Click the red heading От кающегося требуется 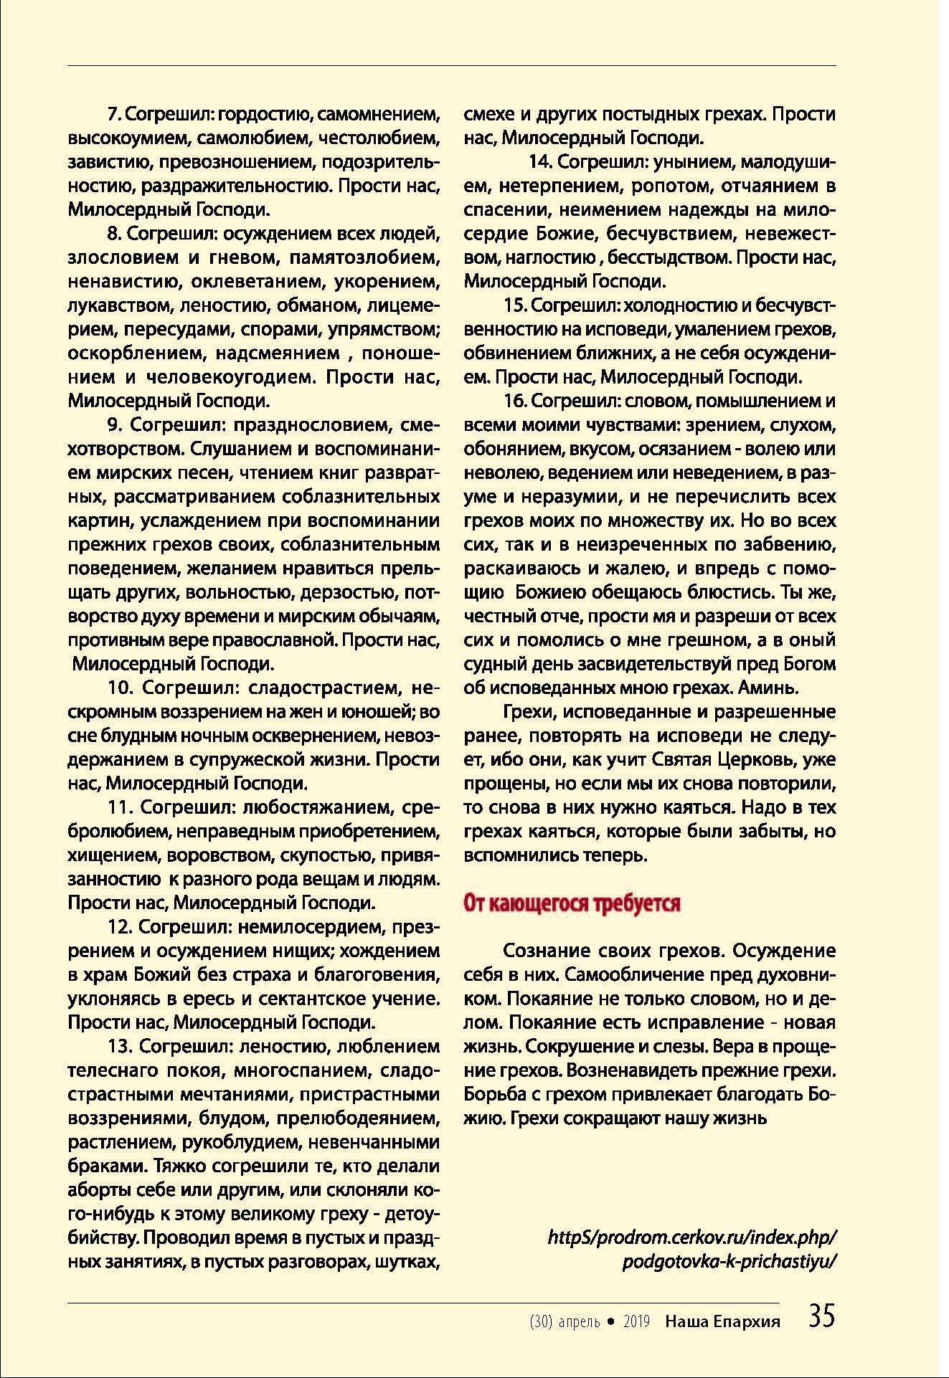572,903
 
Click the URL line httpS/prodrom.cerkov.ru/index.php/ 692,1237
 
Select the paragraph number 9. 114,425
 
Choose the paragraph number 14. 539,163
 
